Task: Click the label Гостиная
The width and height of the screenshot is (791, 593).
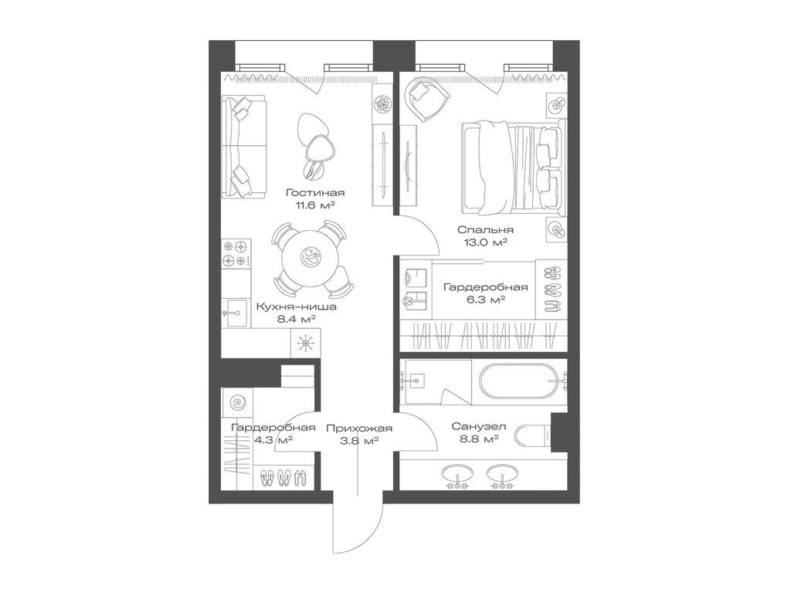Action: [314, 193]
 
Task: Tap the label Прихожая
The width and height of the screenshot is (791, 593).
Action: [358, 429]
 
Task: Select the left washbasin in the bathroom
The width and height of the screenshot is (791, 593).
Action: [457, 476]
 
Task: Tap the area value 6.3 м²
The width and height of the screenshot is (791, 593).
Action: [484, 300]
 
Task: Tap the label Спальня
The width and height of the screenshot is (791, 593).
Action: [485, 229]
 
